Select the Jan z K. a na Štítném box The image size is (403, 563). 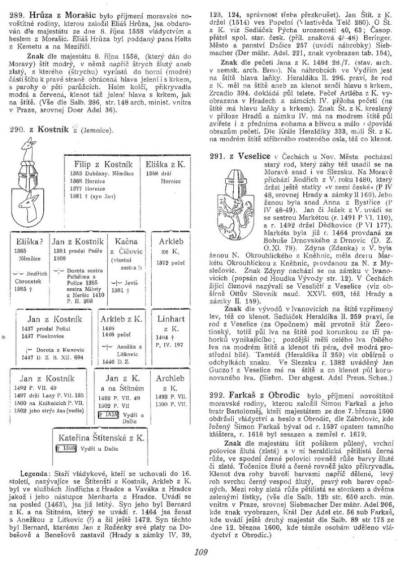click(x=123, y=398)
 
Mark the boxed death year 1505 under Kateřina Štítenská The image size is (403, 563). click(x=67, y=448)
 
